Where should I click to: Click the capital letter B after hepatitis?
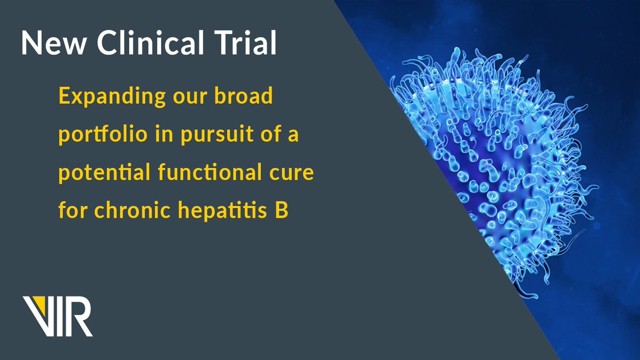282,211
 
